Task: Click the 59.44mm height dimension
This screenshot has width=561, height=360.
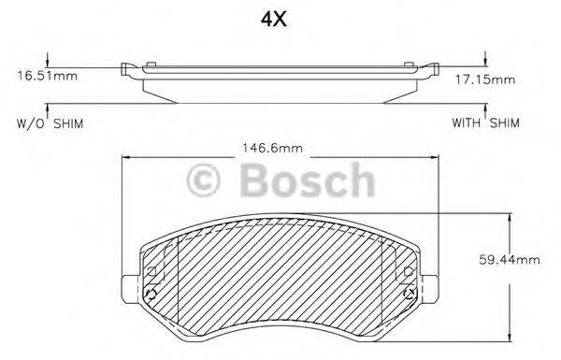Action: point(514,261)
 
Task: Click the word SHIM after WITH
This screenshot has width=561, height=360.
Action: point(505,122)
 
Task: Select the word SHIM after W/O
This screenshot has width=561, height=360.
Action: point(67,122)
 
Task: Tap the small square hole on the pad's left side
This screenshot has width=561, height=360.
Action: point(151,270)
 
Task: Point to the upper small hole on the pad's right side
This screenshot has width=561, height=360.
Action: point(408,270)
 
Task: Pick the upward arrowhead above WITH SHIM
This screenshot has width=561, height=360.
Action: point(485,109)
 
